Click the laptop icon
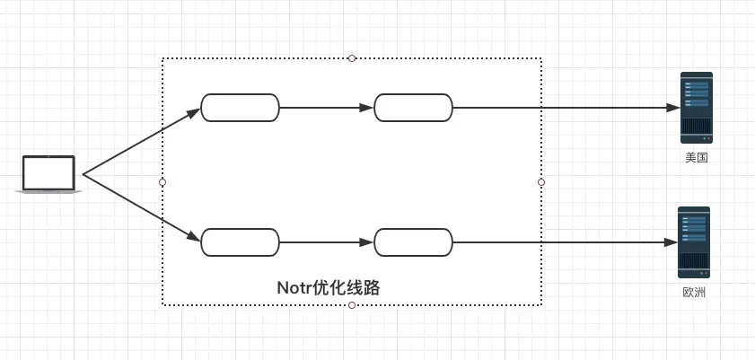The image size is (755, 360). point(49,173)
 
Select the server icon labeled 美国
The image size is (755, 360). point(696,108)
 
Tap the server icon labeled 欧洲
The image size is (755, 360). point(694,242)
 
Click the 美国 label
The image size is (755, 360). point(696,158)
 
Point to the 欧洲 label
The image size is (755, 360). point(694,293)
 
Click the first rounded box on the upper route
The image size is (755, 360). point(240,108)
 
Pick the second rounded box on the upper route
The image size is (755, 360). point(413,108)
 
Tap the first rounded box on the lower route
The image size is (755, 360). point(240,242)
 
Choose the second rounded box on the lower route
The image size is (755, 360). point(413,242)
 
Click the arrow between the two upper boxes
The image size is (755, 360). point(326,108)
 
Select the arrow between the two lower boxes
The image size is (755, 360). point(326,242)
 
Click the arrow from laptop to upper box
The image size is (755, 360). point(139,142)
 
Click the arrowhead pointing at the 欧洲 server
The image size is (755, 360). point(670,242)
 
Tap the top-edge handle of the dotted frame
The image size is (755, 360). point(352,58)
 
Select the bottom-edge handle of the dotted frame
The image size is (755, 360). point(352,305)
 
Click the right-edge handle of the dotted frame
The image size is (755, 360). point(541,182)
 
